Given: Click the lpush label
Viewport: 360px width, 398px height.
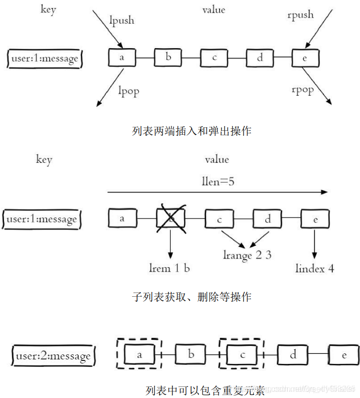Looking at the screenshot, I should click(122, 21).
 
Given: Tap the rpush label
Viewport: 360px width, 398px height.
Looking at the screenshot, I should click(300, 15).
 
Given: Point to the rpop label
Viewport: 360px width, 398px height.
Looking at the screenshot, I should click(302, 90).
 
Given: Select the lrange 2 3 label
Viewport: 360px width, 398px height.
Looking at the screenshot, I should click(247, 255).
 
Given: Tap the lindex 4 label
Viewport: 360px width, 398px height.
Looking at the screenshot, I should click(315, 268).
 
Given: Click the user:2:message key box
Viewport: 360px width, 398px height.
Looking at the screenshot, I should click(53, 356).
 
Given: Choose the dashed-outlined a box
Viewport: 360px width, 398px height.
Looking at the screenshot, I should click(138, 355).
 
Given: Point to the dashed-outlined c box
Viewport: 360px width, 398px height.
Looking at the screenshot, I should click(242, 355).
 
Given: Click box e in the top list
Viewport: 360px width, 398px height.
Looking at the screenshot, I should click(305, 57).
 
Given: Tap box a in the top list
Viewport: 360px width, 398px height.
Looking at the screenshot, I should click(122, 57).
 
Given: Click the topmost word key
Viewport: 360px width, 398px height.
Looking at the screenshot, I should click(48, 10).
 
